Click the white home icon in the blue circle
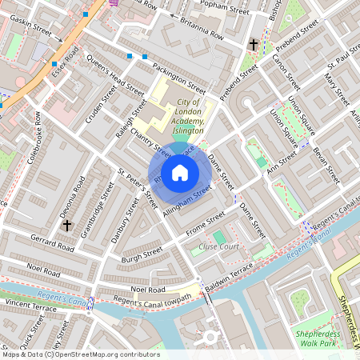click(x=180, y=172)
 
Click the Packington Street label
click(x=181, y=74)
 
